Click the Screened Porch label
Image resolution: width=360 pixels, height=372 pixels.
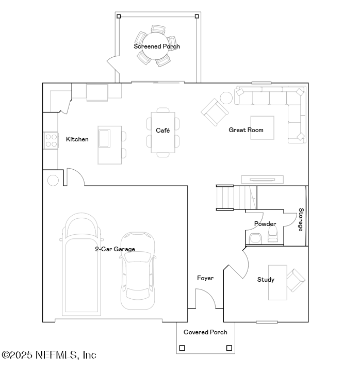pyautogui.click(x=157, y=46)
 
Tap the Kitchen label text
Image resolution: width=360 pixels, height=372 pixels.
pyautogui.click(x=77, y=139)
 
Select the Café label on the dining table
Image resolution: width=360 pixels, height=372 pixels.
pyautogui.click(x=163, y=131)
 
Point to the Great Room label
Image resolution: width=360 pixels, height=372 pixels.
pyautogui.click(x=246, y=130)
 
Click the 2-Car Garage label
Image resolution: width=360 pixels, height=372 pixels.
pyautogui.click(x=114, y=249)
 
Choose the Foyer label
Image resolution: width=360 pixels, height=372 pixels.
pyautogui.click(x=205, y=278)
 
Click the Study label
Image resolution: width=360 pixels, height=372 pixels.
pyautogui.click(x=266, y=280)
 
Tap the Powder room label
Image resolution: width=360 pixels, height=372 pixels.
pyautogui.click(x=265, y=224)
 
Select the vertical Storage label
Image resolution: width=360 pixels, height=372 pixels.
pyautogui.click(x=301, y=220)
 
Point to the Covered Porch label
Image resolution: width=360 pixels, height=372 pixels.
pyautogui.click(x=205, y=332)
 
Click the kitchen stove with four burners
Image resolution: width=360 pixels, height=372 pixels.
pyautogui.click(x=51, y=140)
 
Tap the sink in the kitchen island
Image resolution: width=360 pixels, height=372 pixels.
pyautogui.click(x=104, y=138)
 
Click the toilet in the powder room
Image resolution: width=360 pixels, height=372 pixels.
pyautogui.click(x=255, y=238)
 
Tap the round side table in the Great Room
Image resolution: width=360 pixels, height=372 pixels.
pyautogui.click(x=226, y=98)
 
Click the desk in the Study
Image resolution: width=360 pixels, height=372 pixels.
pyautogui.click(x=277, y=282)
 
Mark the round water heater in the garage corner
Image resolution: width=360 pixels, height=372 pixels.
pyautogui.click(x=53, y=180)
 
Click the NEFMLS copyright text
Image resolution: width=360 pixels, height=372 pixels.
pyautogui.click(x=49, y=355)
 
